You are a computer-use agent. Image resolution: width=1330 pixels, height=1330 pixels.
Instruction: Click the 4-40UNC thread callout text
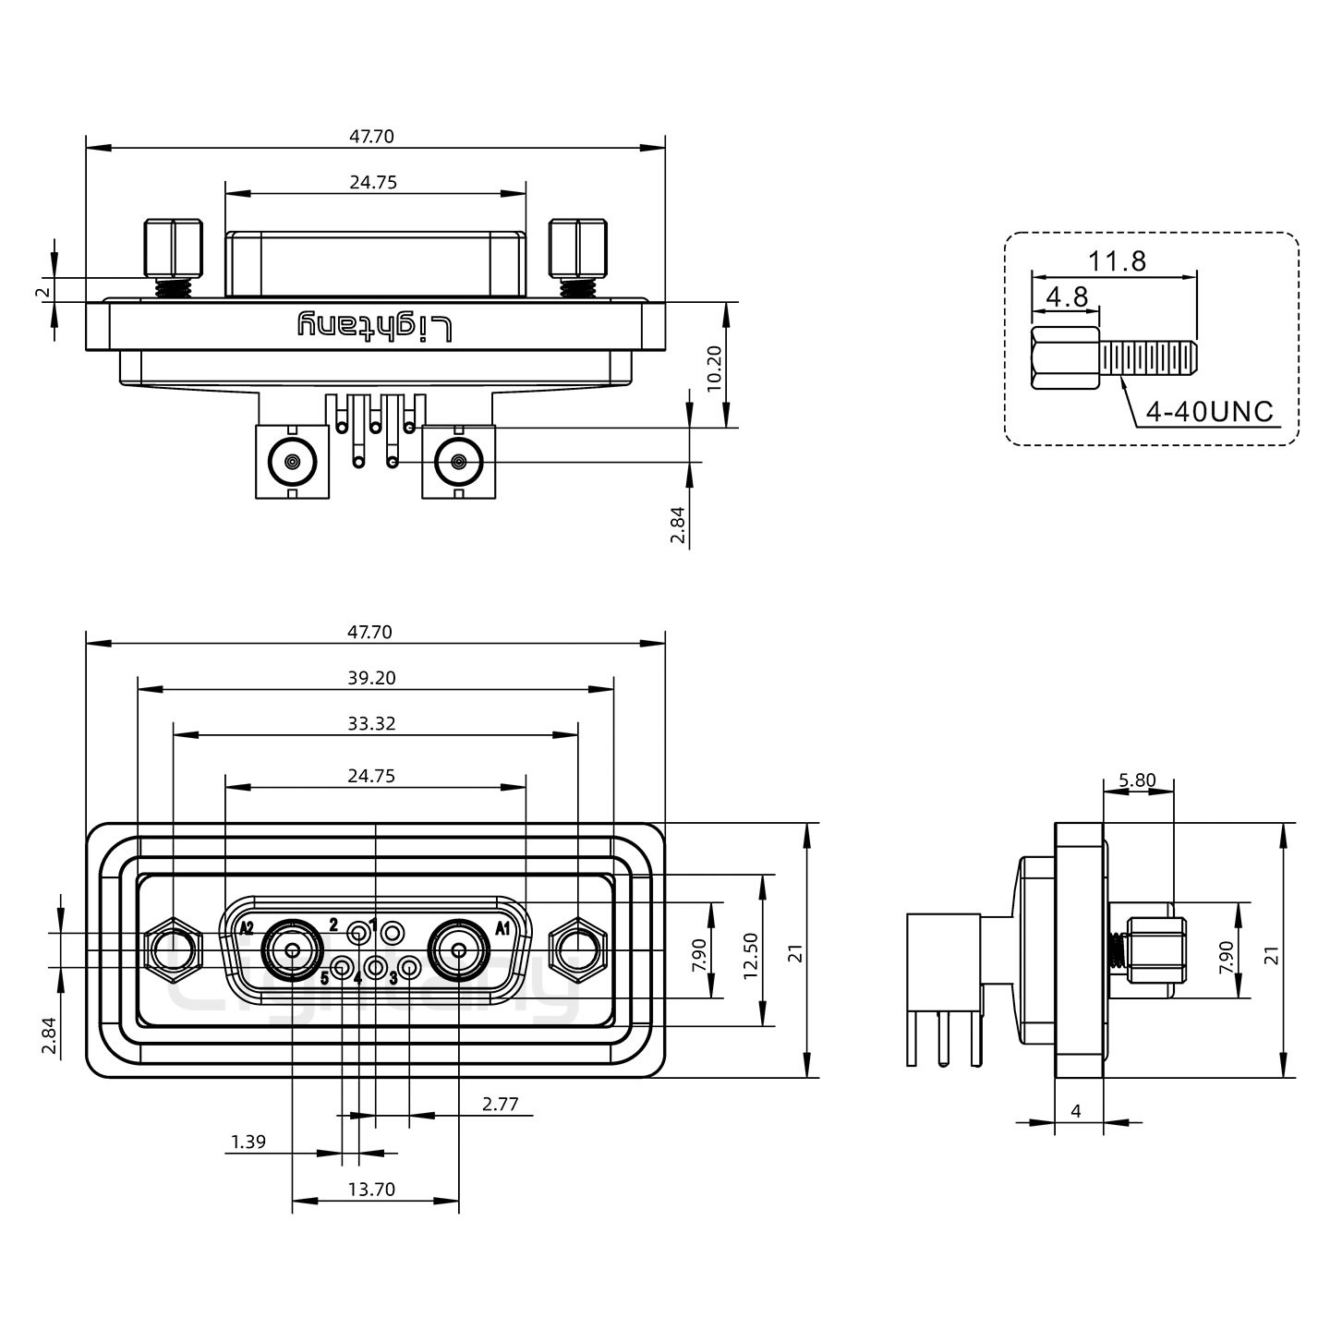tap(1209, 411)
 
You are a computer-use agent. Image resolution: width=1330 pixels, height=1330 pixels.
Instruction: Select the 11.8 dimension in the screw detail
tap(1117, 261)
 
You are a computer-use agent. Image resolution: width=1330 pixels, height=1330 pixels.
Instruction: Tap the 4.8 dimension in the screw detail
tap(1066, 297)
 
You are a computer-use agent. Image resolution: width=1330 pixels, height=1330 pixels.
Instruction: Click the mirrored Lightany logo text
tap(375, 326)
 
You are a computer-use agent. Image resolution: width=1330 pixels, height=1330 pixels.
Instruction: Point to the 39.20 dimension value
tap(372, 678)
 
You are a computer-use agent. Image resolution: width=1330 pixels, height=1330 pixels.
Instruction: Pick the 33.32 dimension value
tap(372, 723)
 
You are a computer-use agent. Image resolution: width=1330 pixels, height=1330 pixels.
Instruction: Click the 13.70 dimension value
tap(371, 1190)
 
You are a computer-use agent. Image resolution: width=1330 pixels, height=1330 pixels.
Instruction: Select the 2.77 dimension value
tap(500, 1104)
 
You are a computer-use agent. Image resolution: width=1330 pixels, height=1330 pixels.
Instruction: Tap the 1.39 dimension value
tap(248, 1143)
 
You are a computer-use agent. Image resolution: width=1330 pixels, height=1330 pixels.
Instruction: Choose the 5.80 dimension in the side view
tap(1137, 780)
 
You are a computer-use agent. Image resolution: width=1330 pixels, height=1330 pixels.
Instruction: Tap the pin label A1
tap(503, 928)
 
